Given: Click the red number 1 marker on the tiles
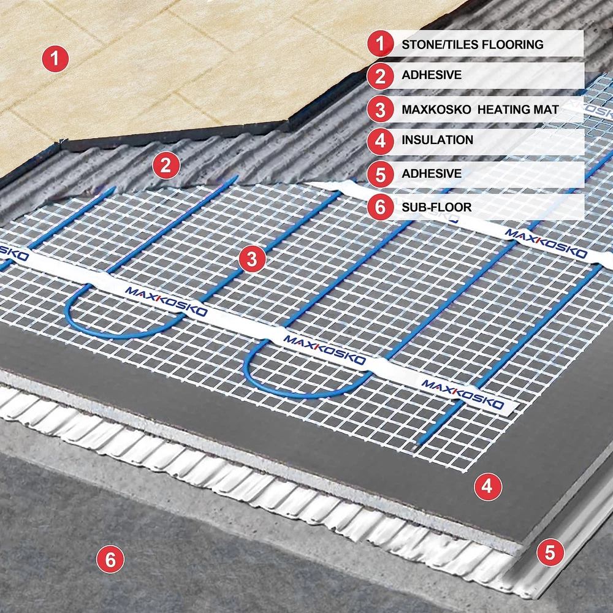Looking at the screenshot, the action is [x=55, y=59].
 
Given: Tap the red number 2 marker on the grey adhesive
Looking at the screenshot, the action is [x=166, y=166].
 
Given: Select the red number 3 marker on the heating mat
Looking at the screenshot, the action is [x=252, y=259].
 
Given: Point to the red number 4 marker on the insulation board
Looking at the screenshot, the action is [x=488, y=487].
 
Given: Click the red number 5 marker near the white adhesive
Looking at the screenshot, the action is [x=550, y=552].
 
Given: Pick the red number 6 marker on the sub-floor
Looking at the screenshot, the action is [x=110, y=560].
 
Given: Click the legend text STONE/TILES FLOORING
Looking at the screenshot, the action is [x=472, y=45].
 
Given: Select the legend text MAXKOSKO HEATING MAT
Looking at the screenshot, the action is [x=480, y=110].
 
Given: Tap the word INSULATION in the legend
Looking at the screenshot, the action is [x=438, y=140].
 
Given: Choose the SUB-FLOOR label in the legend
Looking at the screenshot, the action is [x=436, y=207].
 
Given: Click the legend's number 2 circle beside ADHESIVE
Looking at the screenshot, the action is [x=381, y=76].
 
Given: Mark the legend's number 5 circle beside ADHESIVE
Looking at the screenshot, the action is [x=381, y=174].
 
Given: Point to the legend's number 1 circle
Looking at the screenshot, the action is [x=381, y=44].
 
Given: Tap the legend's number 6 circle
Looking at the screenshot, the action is [x=381, y=207].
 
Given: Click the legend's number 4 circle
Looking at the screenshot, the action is [x=381, y=141].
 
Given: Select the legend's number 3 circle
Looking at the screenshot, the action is [x=381, y=109].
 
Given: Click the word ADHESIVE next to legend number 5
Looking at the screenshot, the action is [x=432, y=173].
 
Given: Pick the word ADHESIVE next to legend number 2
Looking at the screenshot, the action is [x=432, y=75].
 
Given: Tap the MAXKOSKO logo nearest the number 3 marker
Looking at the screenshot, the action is [x=166, y=301].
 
